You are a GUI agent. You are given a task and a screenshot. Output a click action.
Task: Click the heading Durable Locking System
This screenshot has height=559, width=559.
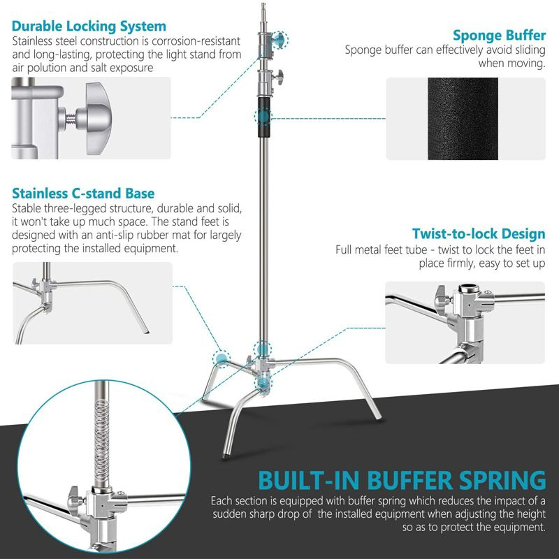(89, 27)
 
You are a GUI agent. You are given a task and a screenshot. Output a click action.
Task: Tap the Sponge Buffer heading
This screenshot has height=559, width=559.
(499, 34)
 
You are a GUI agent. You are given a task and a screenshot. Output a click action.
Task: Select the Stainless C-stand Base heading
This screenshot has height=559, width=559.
(83, 193)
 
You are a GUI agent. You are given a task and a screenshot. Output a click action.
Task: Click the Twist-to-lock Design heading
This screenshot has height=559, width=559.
(479, 233)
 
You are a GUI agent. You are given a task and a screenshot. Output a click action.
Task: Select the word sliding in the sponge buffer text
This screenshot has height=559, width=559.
(527, 50)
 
